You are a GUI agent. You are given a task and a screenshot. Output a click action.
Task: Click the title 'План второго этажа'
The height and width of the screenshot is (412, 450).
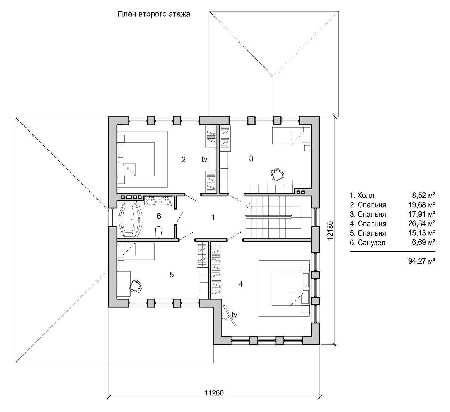tap(154, 14)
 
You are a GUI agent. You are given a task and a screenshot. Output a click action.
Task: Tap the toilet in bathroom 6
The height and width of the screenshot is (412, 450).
tap(159, 232)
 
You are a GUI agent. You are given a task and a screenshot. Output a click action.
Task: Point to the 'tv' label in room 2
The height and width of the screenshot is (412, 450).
tap(205, 159)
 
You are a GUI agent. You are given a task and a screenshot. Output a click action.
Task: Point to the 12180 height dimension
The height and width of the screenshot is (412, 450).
tap(331, 230)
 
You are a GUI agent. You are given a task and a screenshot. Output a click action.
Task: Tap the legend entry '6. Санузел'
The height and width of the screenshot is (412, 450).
tap(368, 243)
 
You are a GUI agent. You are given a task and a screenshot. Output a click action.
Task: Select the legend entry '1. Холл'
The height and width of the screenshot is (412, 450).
tap(361, 195)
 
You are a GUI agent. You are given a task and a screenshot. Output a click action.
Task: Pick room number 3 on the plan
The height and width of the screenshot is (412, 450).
tap(251, 159)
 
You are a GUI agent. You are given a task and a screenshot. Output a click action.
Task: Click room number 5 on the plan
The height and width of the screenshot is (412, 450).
tap(172, 274)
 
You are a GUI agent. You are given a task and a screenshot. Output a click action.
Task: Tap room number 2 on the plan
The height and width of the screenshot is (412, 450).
tap(183, 160)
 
